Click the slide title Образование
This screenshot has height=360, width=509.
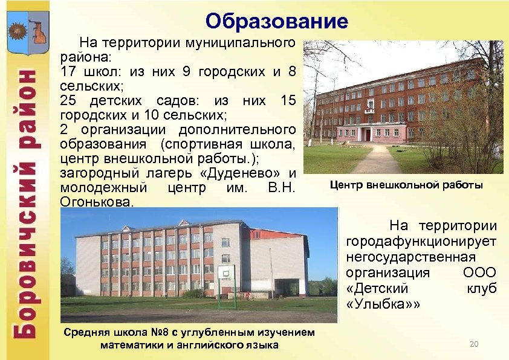[276, 22]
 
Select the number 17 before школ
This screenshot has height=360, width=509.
[69, 72]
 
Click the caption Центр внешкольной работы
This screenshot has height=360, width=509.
[406, 185]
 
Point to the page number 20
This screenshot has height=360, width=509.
[474, 344]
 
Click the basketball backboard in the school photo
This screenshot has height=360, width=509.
[226, 273]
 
